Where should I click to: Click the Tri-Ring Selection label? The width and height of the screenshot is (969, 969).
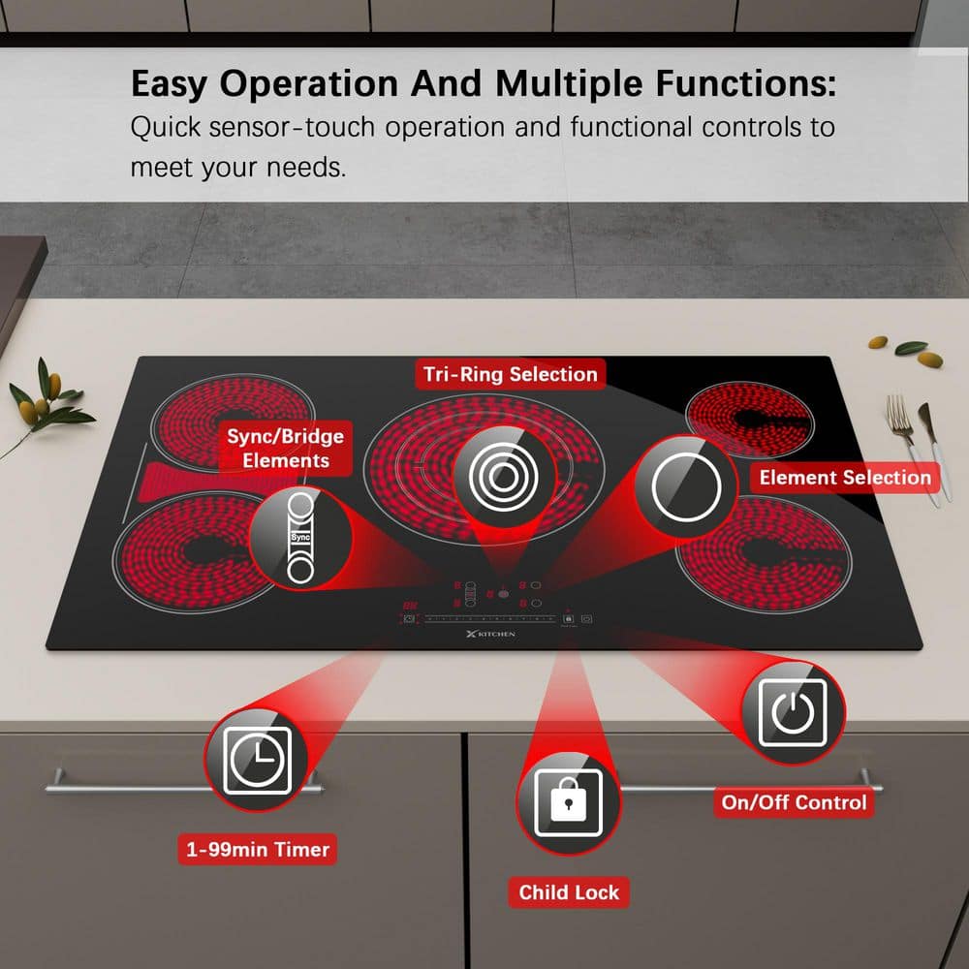[510, 374]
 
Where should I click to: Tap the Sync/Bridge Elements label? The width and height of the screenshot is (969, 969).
[286, 448]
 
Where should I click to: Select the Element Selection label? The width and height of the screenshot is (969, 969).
[845, 478]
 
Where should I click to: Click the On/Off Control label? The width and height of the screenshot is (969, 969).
[795, 802]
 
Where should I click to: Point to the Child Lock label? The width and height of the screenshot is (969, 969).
[569, 892]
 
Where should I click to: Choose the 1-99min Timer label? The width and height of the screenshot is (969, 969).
[257, 849]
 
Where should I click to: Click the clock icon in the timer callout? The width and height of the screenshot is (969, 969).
[257, 760]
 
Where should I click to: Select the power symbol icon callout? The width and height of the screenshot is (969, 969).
[793, 713]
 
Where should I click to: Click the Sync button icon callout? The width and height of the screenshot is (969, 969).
[300, 538]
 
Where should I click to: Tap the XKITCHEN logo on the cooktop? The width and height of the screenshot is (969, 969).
[490, 634]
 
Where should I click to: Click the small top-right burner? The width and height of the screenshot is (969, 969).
[750, 420]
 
